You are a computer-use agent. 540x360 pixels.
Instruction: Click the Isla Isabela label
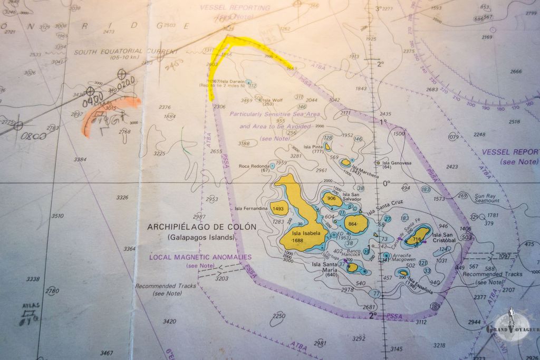tap(306, 233)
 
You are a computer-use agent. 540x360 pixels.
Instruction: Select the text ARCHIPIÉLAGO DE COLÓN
tap(201, 227)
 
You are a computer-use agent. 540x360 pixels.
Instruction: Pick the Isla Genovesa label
tap(396, 163)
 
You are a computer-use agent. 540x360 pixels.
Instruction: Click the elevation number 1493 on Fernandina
tap(279, 209)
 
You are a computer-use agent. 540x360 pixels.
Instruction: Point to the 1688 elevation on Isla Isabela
tap(298, 241)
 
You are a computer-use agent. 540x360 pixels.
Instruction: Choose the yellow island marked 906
tap(332, 199)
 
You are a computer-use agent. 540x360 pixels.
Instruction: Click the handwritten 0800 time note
tap(33, 136)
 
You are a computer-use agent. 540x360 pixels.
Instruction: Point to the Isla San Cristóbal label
tap(442, 237)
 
